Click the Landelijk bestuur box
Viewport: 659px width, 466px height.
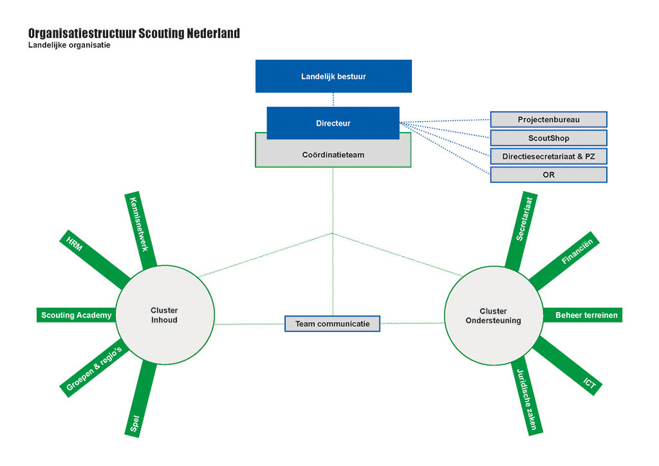pos(333,76)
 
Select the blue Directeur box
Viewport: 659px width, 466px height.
pos(333,123)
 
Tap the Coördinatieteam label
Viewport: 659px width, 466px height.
pos(333,154)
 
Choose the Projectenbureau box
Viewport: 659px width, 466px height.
pos(548,119)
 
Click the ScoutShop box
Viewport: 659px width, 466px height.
pos(548,138)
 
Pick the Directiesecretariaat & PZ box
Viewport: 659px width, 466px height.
pos(548,156)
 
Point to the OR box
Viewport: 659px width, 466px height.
pos(548,175)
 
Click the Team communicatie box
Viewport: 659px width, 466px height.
pos(333,324)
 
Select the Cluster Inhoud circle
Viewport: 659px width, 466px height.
pos(165,315)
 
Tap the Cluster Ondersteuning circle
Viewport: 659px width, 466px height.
pos(494,315)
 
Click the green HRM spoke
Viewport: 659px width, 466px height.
pos(95,259)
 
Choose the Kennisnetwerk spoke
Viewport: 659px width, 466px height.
pos(140,230)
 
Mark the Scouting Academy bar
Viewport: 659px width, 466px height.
pos(76,315)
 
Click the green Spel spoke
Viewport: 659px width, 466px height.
pos(141,399)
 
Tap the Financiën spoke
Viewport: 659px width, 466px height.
pos(564,261)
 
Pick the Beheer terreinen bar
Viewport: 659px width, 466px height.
pos(582,315)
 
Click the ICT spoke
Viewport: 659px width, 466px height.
pos(568,366)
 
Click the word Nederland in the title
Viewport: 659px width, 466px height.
pos(213,33)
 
